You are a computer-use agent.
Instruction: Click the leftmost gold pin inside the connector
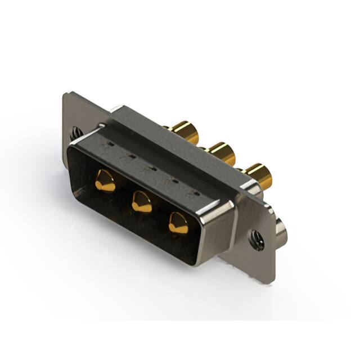click(x=105, y=181)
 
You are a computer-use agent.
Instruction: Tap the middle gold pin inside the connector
click(x=142, y=201)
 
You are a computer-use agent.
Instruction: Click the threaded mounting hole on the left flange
click(x=75, y=133)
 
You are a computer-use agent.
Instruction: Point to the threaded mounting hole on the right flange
click(x=258, y=240)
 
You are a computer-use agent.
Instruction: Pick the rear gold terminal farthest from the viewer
click(x=186, y=132)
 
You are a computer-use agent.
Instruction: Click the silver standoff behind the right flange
click(x=281, y=232)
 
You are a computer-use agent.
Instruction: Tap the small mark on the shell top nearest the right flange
click(x=196, y=194)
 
